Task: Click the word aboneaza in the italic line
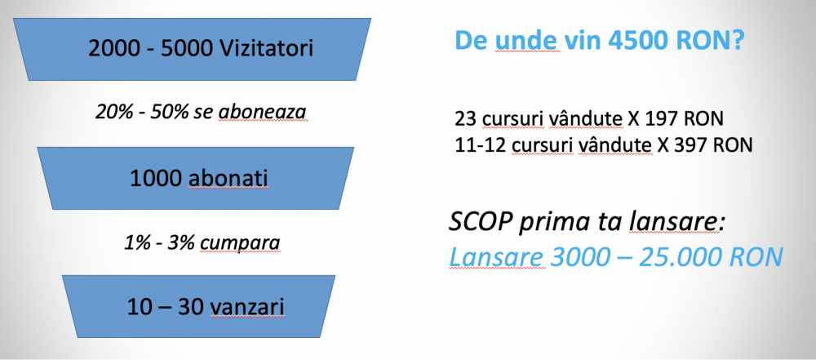click(x=263, y=113)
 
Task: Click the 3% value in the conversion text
click(x=180, y=242)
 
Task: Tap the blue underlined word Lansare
click(x=497, y=256)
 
